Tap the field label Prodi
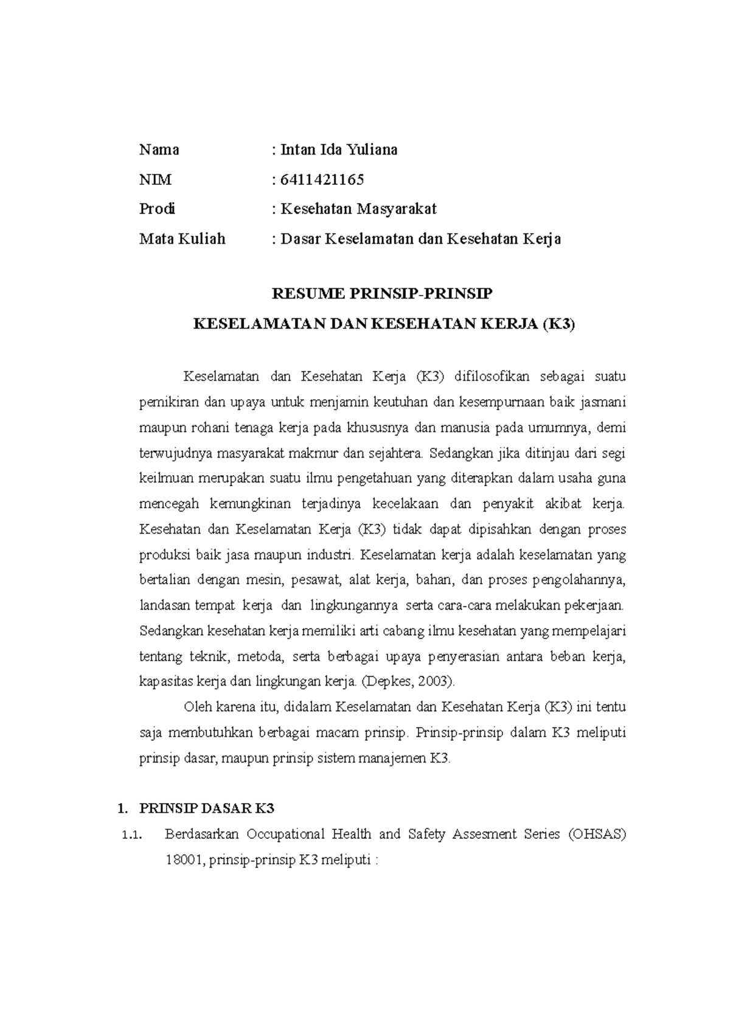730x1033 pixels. pyautogui.click(x=157, y=209)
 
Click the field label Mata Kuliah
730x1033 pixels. pyautogui.click(x=182, y=239)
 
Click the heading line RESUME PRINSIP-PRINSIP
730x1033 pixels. pyautogui.click(x=383, y=294)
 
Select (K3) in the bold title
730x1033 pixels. pyautogui.click(x=557, y=324)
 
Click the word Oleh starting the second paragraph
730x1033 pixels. pyautogui.click(x=195, y=708)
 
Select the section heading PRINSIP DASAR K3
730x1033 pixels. pyautogui.click(x=207, y=809)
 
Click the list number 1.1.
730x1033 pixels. pyautogui.click(x=131, y=835)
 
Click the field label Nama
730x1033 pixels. pyautogui.click(x=159, y=150)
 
